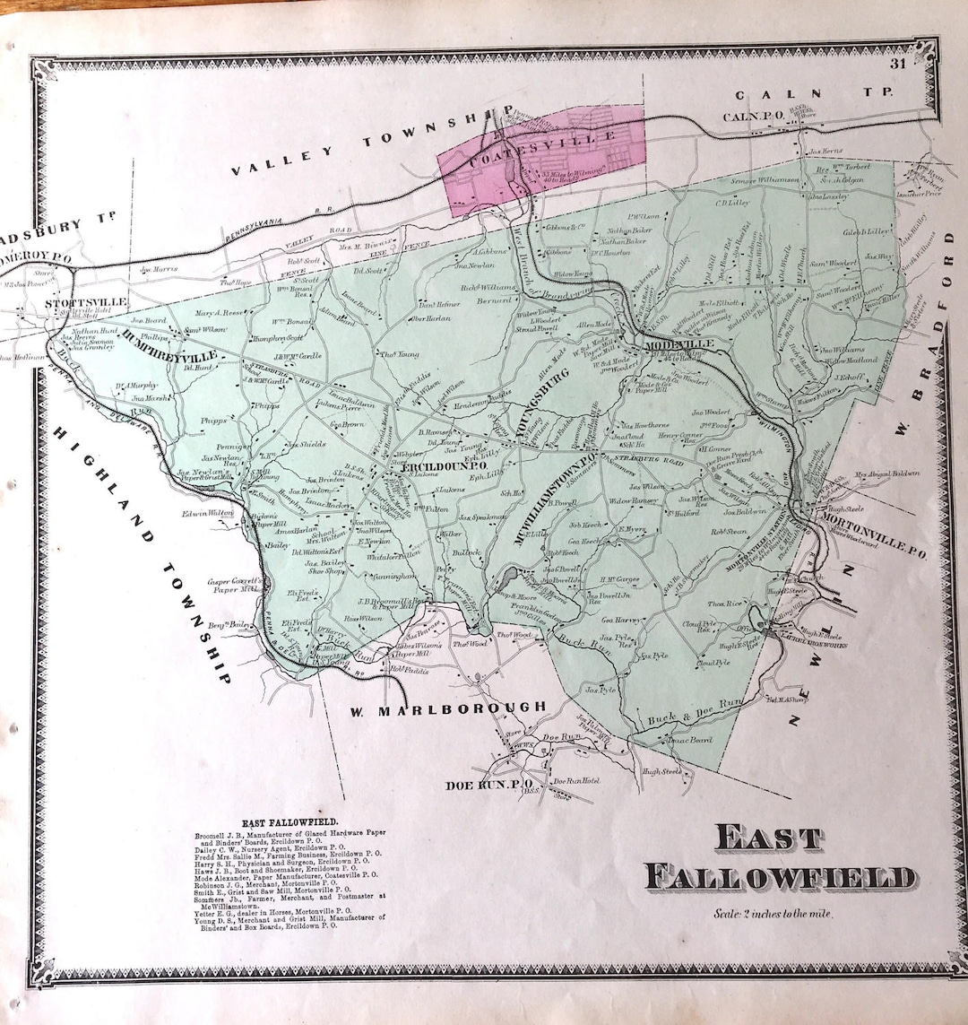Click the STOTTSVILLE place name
tap(76, 303)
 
